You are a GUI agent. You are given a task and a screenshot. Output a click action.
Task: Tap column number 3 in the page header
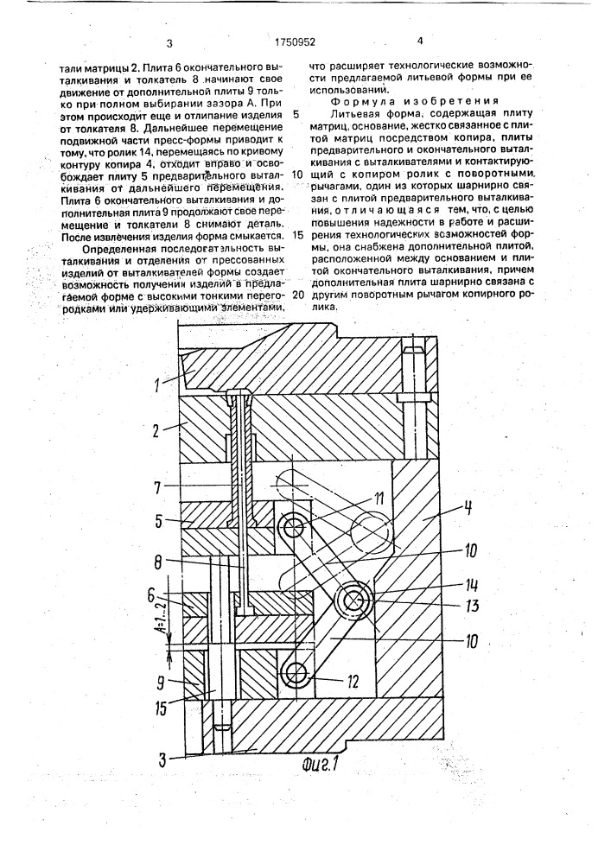169,43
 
